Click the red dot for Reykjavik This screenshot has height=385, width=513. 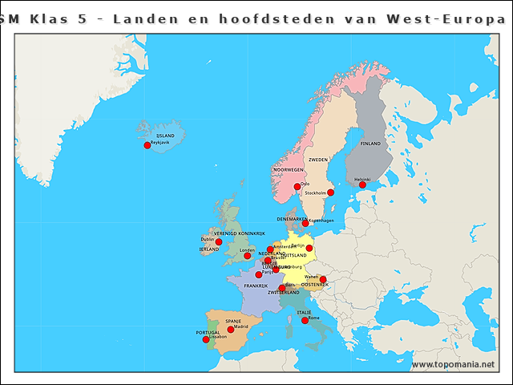(x=147, y=145)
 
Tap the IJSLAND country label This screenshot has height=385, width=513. (x=165, y=136)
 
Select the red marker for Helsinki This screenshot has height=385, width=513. (x=362, y=184)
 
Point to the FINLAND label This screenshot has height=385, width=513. (x=370, y=144)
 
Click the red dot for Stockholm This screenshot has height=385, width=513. (x=330, y=192)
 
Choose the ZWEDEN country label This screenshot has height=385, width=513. (x=318, y=160)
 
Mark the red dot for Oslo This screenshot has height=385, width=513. (x=297, y=187)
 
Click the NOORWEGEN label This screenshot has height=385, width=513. (x=289, y=170)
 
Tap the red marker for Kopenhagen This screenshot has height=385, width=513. (x=305, y=223)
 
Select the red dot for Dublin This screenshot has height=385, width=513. (x=219, y=241)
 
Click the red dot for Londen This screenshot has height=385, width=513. (x=248, y=256)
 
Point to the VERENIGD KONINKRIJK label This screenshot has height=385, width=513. (x=239, y=233)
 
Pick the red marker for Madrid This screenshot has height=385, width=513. (x=231, y=330)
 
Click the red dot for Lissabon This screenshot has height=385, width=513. (x=206, y=339)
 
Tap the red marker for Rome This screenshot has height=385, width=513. (x=305, y=320)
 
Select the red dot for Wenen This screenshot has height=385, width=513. (x=323, y=280)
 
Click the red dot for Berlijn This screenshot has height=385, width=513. (x=309, y=249)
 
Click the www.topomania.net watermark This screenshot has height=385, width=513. (x=453, y=365)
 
